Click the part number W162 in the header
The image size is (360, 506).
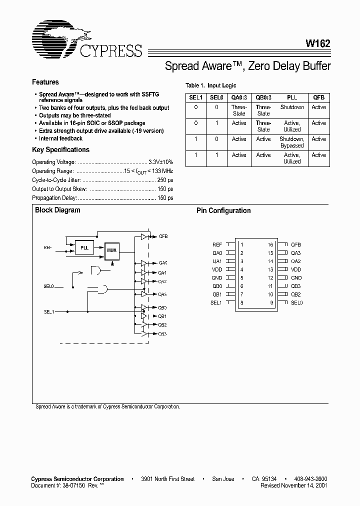click(x=318, y=44)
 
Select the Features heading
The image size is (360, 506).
click(x=45, y=82)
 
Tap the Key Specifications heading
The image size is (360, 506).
click(x=60, y=150)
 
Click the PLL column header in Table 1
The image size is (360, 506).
click(x=291, y=98)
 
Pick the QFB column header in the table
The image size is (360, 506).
click(x=318, y=98)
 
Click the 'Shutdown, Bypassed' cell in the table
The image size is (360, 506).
click(x=291, y=142)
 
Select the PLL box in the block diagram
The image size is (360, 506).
click(x=84, y=248)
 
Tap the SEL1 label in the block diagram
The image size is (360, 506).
click(x=48, y=311)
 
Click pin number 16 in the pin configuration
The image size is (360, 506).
click(x=270, y=244)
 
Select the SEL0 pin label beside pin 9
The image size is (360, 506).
click(x=297, y=302)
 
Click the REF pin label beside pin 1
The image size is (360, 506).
click(x=217, y=244)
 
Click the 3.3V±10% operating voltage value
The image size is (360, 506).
click(x=160, y=162)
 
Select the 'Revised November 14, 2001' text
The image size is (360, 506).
click(x=294, y=485)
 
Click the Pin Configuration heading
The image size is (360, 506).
click(x=223, y=211)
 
